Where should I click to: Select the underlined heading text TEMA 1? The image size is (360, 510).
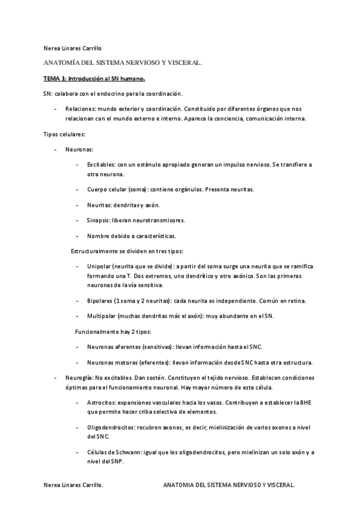coord(54,78)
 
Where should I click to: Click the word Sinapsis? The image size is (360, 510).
coord(98,220)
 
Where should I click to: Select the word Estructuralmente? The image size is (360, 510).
coord(97,250)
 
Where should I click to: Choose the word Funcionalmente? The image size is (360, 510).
coord(98,331)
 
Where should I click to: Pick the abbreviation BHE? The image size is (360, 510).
coord(307,402)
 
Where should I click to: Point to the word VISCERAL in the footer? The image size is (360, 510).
coord(278,484)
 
